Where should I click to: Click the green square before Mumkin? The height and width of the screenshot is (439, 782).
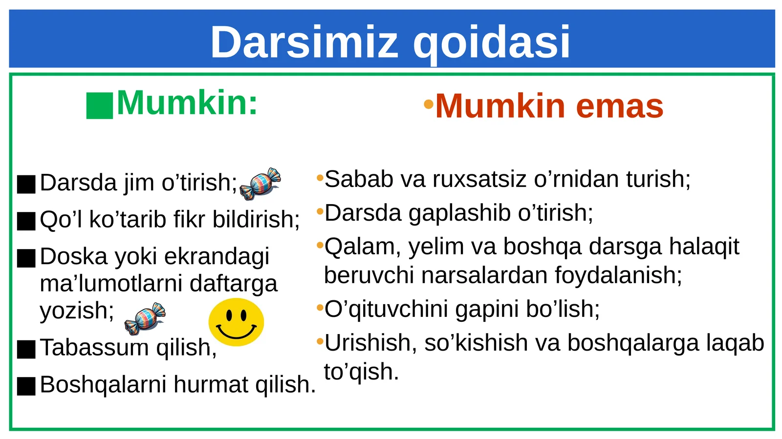click(99, 105)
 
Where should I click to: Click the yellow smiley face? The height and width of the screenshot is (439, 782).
click(236, 322)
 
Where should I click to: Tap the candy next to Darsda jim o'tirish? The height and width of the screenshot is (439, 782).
click(260, 184)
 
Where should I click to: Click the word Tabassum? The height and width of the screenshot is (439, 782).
click(94, 348)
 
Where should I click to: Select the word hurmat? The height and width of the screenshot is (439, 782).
click(211, 385)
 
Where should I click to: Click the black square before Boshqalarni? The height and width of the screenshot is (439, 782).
click(26, 386)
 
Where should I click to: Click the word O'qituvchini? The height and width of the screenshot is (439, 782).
click(386, 309)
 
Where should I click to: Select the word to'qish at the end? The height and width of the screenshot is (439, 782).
click(361, 372)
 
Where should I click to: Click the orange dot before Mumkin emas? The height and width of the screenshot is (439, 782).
click(429, 104)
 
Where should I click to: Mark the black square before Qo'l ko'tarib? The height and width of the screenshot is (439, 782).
click(26, 221)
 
